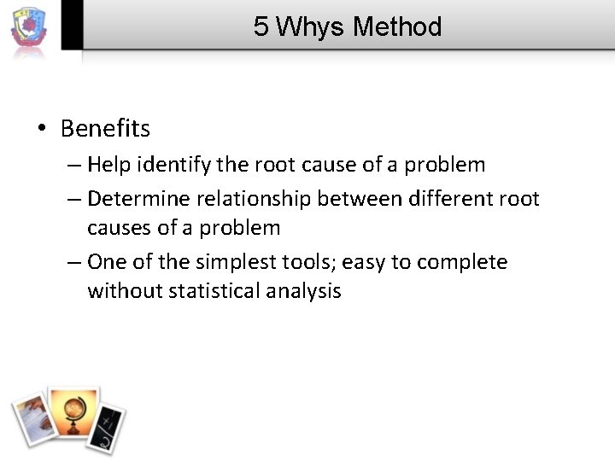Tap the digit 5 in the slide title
click(261, 27)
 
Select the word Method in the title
click(397, 27)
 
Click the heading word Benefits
click(105, 129)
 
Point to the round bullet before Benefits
click(42, 130)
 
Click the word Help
click(107, 164)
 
